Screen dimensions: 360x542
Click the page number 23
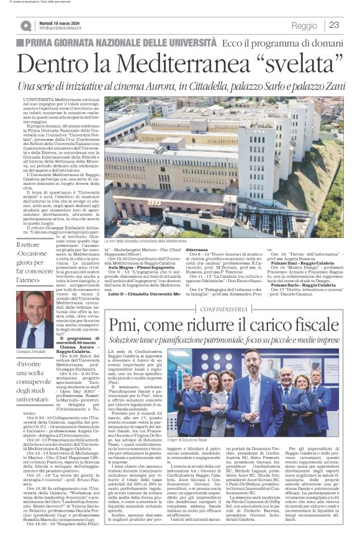pyautogui.click(x=335, y=25)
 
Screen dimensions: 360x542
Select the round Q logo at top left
pyautogui.click(x=25, y=25)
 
